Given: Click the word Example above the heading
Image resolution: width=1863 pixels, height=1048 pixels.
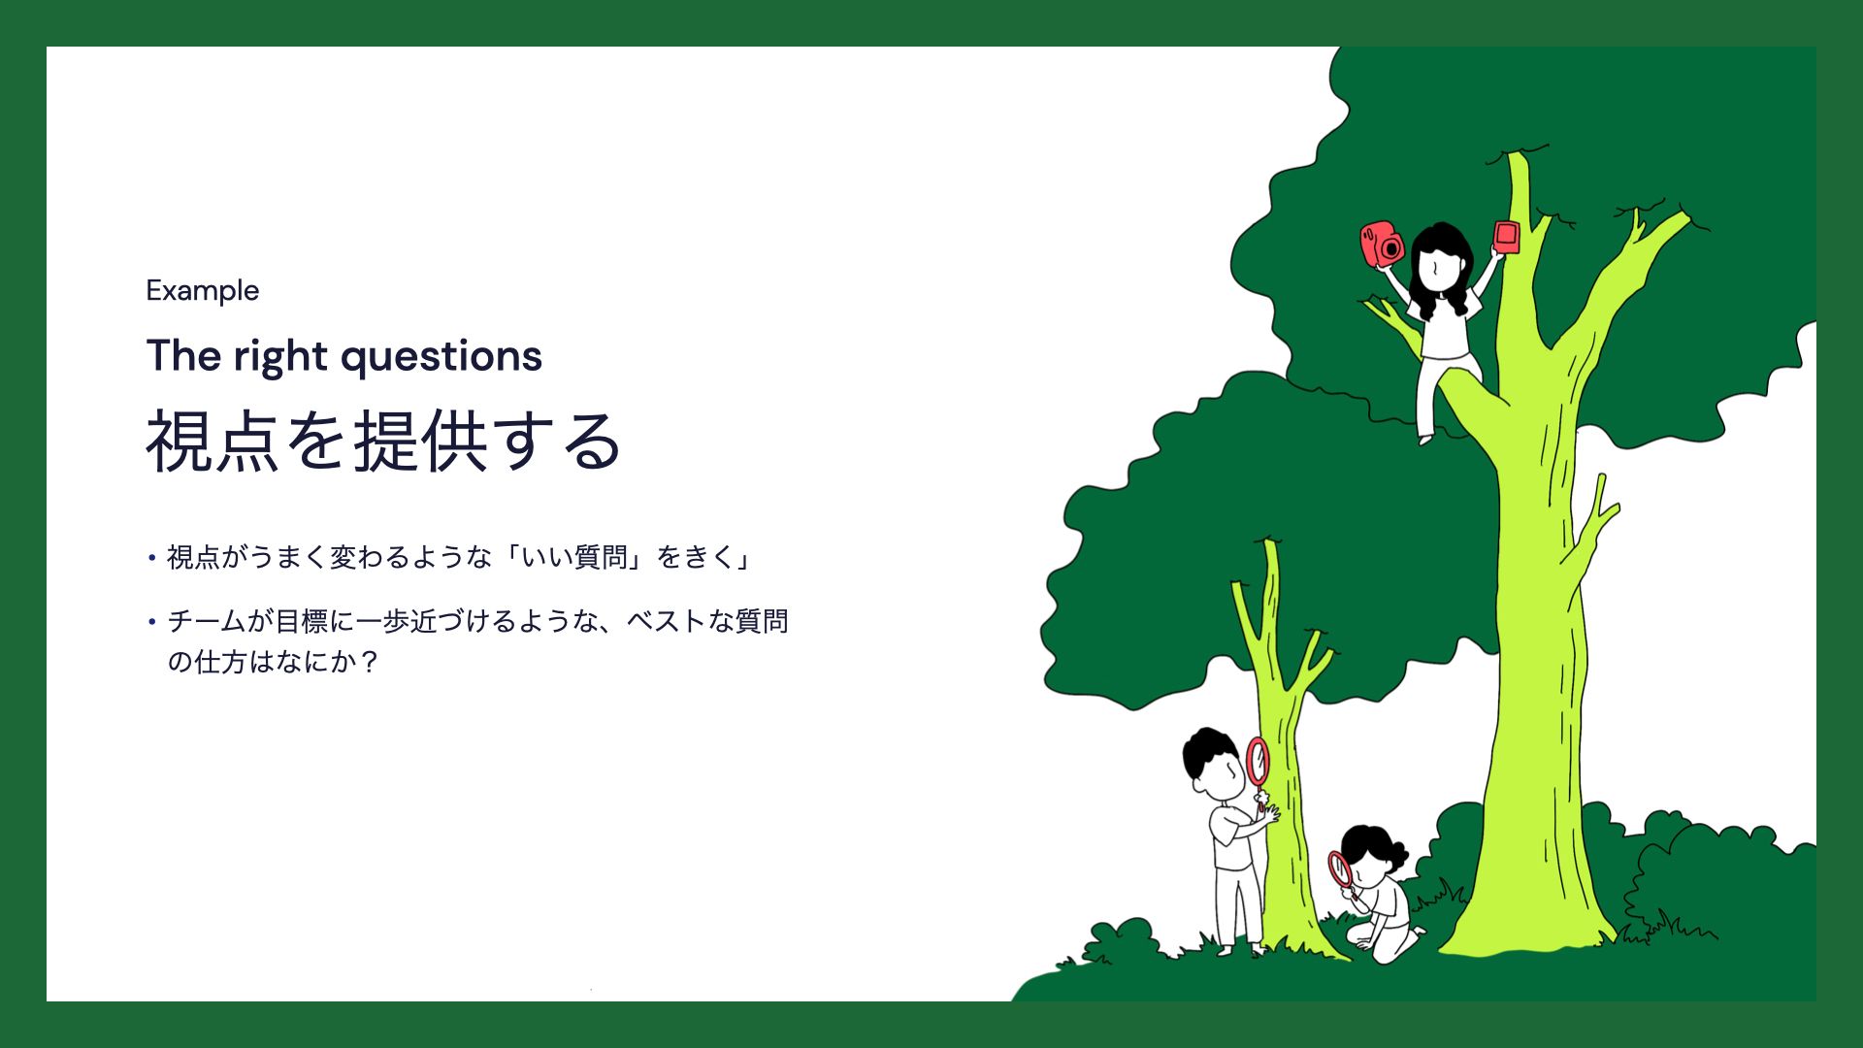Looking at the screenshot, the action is tap(203, 291).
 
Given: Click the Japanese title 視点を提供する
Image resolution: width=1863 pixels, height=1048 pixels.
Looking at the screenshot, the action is tap(383, 442).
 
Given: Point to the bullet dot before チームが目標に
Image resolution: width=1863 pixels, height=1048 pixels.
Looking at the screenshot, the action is tap(152, 621).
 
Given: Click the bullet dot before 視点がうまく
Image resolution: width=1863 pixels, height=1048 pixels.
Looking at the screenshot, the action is tap(152, 558).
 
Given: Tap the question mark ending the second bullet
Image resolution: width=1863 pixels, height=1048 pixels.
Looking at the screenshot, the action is tap(368, 663).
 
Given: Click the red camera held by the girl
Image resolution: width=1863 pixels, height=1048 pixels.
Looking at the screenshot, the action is tap(1382, 244).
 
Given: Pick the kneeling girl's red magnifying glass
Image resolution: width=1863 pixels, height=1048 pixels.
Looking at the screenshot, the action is tap(1341, 869).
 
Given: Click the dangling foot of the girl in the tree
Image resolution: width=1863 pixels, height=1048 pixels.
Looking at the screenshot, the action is tap(1425, 439).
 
